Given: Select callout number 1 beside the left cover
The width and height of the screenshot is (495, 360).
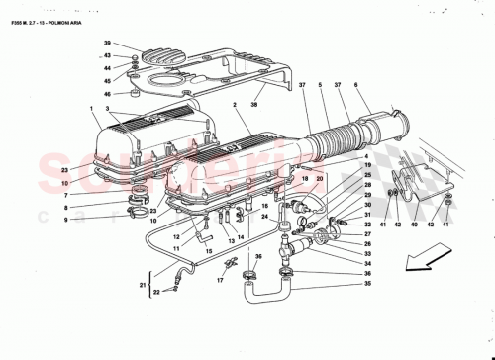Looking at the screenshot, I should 90,108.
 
